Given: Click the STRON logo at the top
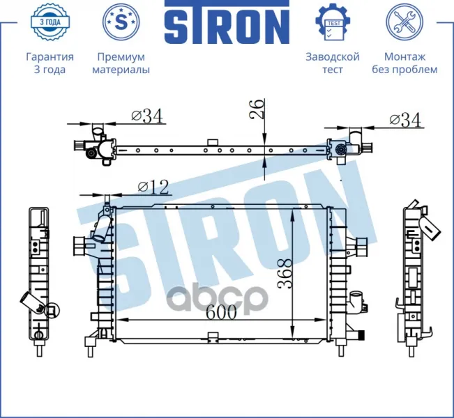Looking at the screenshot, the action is click(227, 22).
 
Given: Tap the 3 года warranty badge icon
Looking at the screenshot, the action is click(50, 22).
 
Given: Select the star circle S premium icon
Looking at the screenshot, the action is click(121, 22).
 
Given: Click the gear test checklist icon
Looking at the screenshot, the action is click(333, 22).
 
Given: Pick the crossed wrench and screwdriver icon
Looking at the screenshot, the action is click(404, 22).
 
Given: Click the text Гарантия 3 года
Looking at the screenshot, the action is click(50, 63).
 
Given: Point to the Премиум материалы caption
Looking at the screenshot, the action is click(121, 63).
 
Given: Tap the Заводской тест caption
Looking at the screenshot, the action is click(333, 63).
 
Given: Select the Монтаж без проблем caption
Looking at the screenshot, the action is click(404, 63).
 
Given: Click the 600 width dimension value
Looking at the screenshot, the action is click(222, 312).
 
